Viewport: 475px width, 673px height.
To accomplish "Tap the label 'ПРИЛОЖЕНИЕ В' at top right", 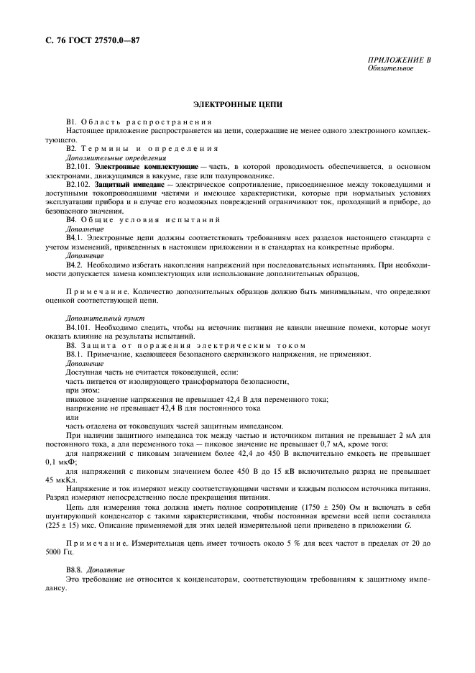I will [x=400, y=60].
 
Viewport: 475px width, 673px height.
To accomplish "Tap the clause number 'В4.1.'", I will [x=75, y=237].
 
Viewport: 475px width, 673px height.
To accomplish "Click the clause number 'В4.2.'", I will [x=75, y=265].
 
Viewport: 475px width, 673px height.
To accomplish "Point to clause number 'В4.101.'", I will [x=78, y=326].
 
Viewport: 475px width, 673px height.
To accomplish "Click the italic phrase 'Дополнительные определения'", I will [x=106, y=157].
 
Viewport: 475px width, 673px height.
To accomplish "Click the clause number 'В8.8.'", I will [x=75, y=588].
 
